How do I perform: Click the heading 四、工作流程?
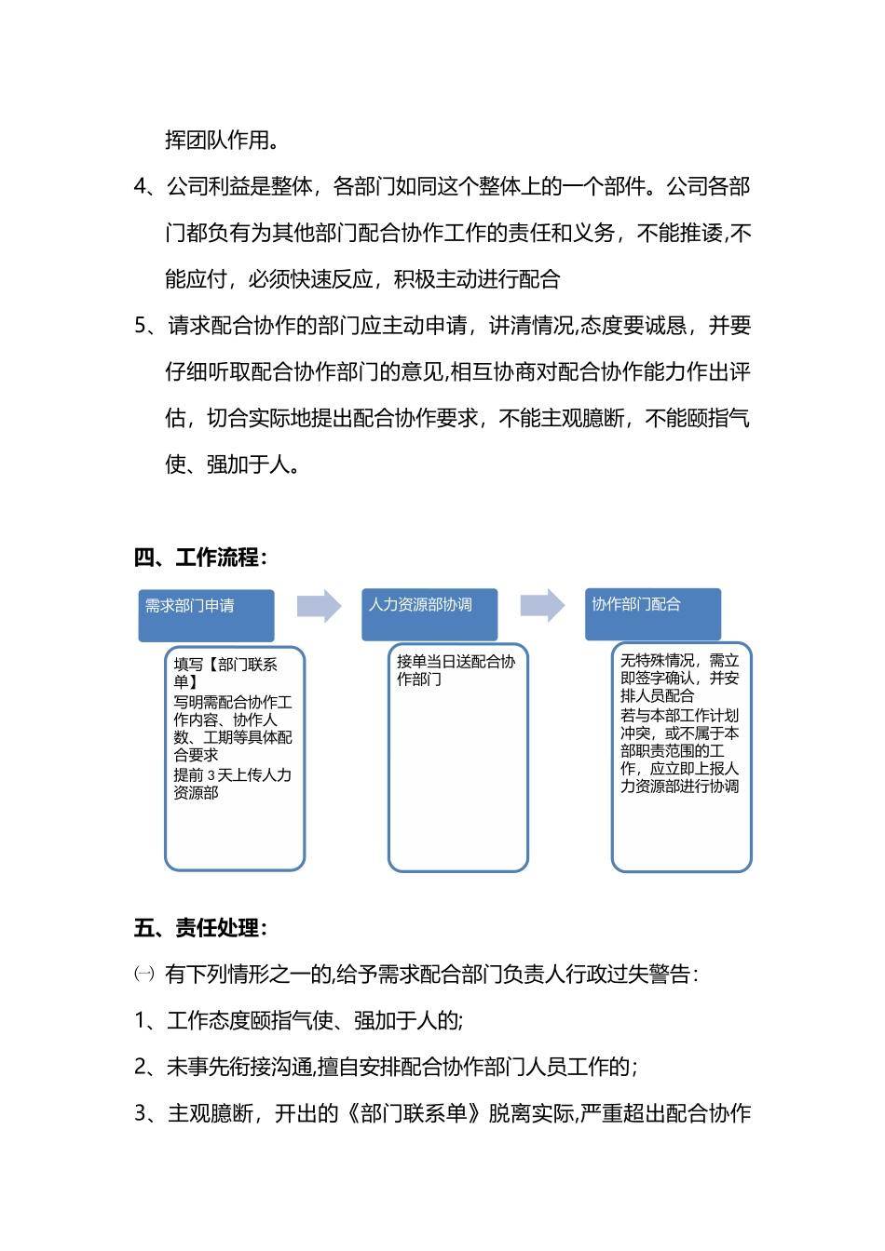(x=199, y=558)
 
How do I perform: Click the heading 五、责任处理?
(x=199, y=928)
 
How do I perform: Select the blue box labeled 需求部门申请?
(x=206, y=615)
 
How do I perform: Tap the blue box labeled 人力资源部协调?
(x=429, y=614)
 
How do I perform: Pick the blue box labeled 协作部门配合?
(x=652, y=614)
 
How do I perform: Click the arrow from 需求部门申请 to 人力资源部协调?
(x=319, y=606)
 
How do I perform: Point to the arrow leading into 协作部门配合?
(x=542, y=606)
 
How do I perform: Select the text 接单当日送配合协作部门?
(x=455, y=670)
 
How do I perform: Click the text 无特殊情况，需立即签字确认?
(x=679, y=669)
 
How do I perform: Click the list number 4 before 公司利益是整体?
(x=142, y=187)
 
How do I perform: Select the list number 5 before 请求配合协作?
(x=142, y=326)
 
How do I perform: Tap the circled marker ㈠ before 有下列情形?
(x=144, y=975)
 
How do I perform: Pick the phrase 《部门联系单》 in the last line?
(x=414, y=1113)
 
